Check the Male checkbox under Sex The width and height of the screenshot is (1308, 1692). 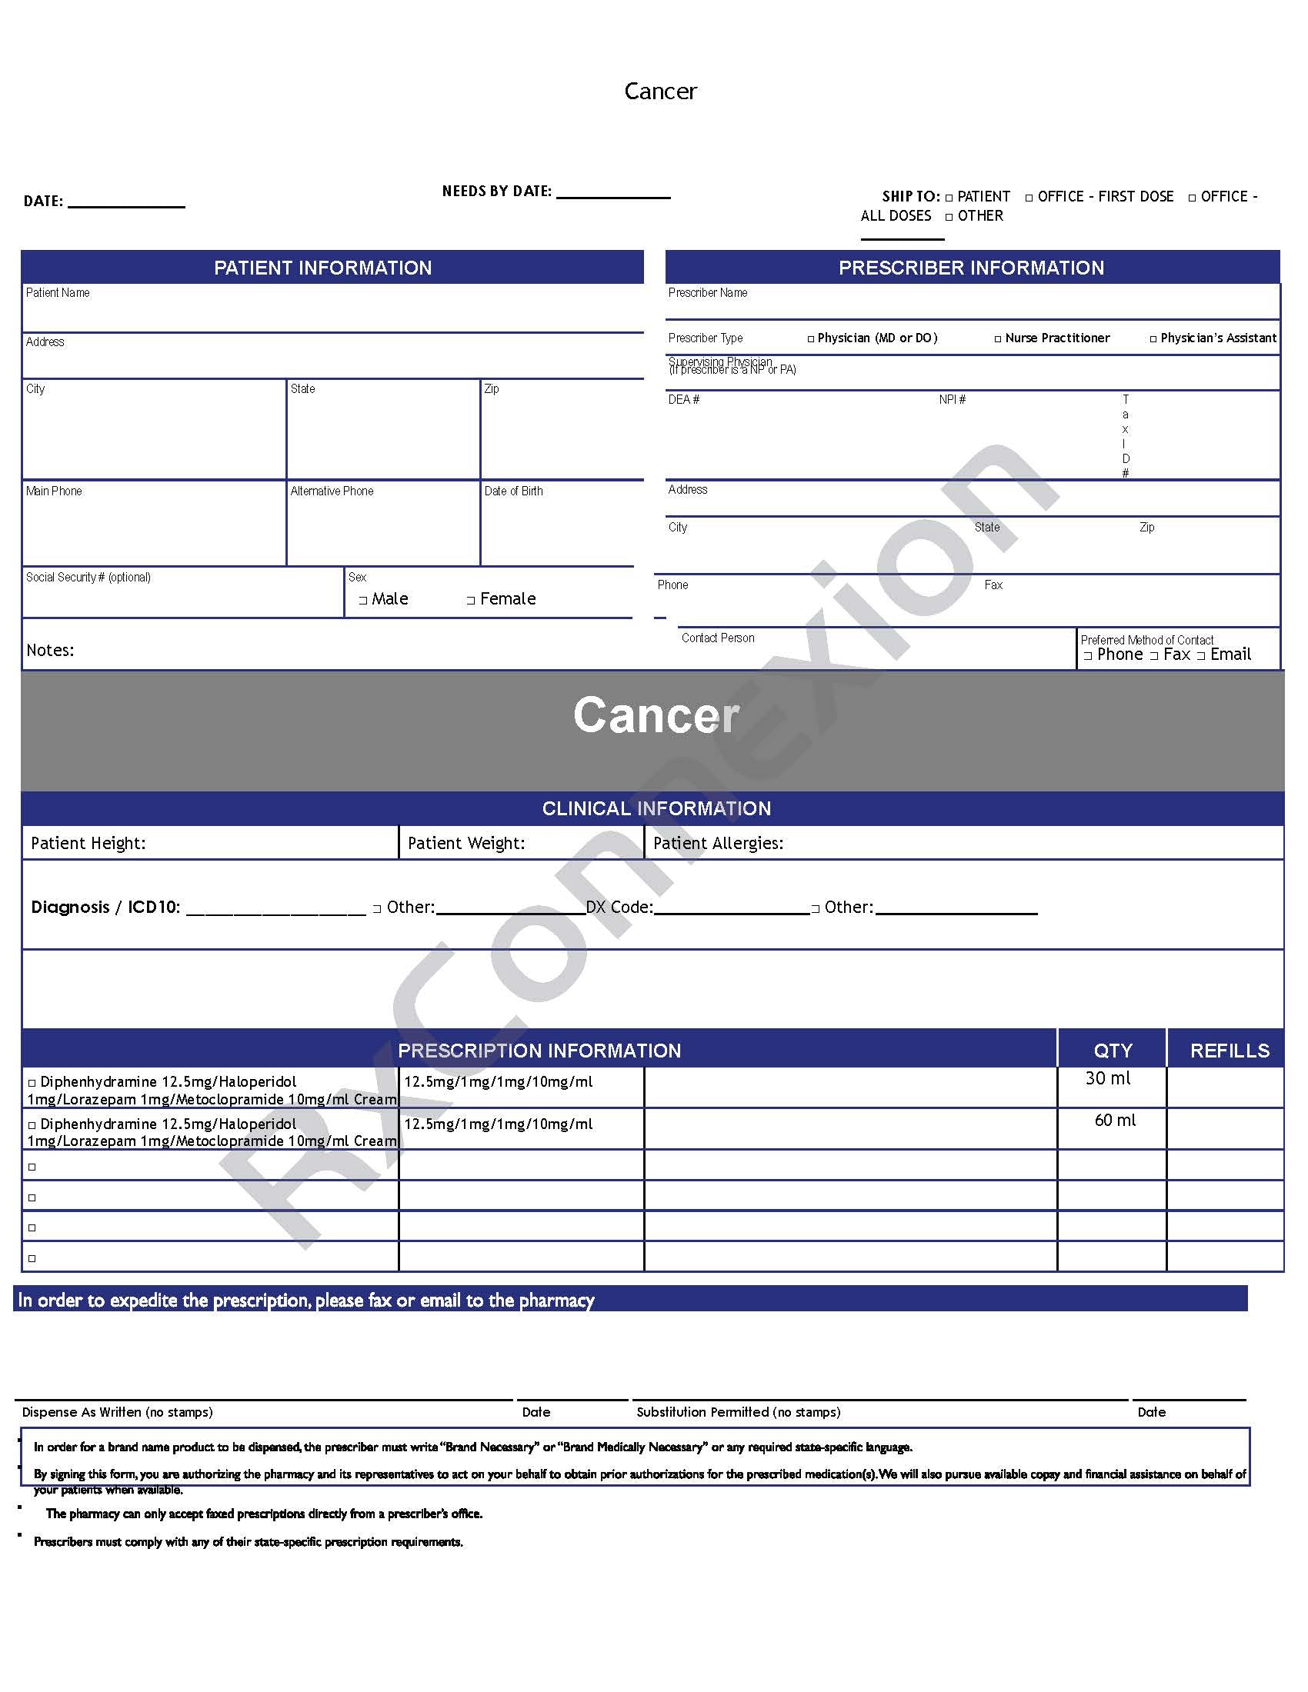[362, 601]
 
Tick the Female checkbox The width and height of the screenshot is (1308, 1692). [470, 601]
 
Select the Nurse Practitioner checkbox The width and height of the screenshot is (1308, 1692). [997, 339]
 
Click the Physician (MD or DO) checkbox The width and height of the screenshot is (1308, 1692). [810, 339]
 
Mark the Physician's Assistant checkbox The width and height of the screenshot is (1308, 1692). [1153, 339]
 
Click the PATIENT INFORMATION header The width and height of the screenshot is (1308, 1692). [322, 268]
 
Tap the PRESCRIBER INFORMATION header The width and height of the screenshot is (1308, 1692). [971, 268]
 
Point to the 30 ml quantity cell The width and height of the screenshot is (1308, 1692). [1107, 1078]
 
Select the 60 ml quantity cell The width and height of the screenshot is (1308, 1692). [1114, 1121]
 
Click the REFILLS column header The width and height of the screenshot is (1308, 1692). [1229, 1051]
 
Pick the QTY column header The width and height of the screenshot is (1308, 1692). [1113, 1051]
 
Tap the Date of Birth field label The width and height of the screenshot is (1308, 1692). [513, 491]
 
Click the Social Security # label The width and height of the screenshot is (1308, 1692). [88, 577]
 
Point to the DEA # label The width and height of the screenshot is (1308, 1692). [683, 400]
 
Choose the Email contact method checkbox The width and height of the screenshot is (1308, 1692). [1201, 656]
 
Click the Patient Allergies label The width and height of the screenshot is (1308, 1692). [718, 844]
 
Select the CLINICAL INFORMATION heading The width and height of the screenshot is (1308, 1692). [656, 809]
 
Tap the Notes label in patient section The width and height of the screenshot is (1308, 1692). [50, 651]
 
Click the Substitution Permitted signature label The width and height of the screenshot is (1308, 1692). [738, 1412]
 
